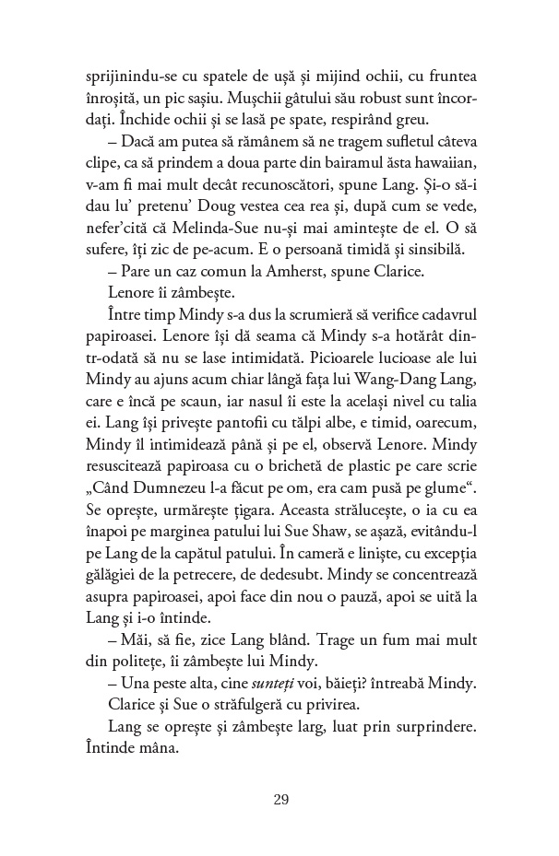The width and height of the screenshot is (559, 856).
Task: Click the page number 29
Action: tap(281, 799)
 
